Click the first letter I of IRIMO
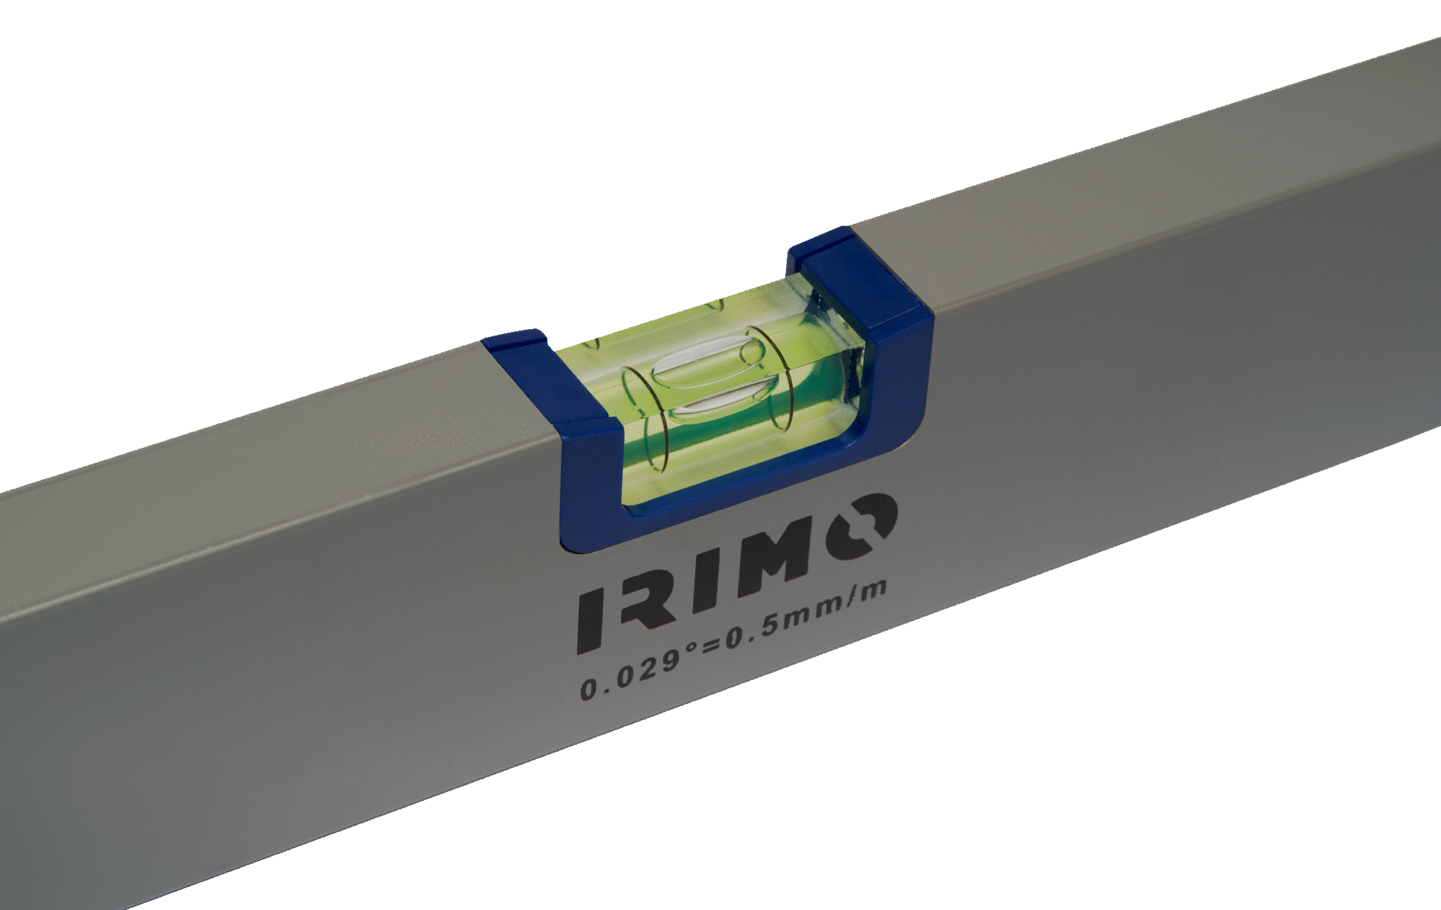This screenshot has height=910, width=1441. click(590, 617)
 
